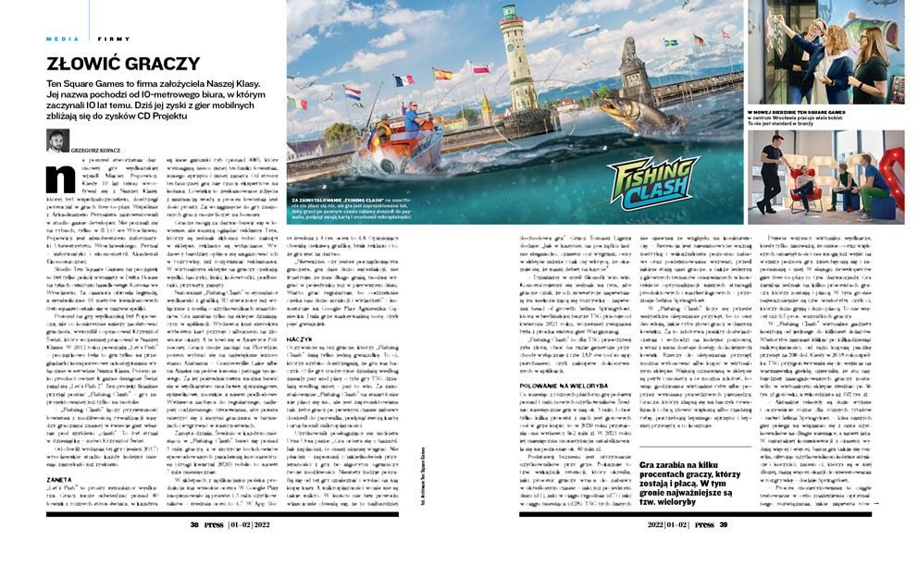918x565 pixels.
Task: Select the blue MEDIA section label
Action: (x=61, y=38)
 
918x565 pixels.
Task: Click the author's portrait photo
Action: (x=57, y=140)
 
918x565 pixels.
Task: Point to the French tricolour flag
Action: (x=403, y=80)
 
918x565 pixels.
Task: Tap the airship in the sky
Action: (x=583, y=31)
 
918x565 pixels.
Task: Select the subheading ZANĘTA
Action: (x=60, y=479)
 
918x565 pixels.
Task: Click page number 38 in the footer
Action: (x=195, y=523)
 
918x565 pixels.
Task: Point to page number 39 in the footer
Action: (x=724, y=523)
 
